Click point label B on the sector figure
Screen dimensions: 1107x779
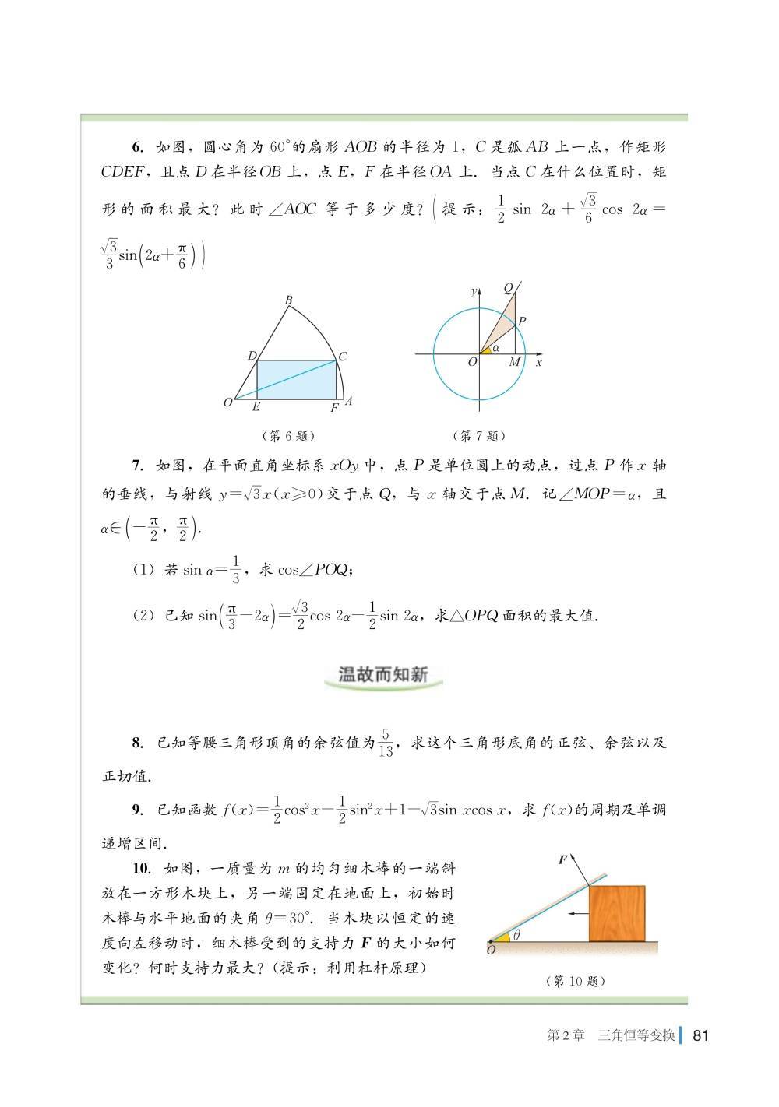coord(288,300)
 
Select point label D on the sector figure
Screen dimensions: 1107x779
coord(252,356)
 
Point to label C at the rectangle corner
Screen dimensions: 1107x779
coord(343,357)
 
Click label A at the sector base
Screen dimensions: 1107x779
coord(348,401)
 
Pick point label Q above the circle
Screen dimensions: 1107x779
coord(508,288)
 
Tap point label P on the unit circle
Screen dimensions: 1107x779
coord(522,320)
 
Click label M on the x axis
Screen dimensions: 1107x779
coord(514,363)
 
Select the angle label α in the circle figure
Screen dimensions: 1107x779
coord(496,347)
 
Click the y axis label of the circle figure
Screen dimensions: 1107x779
coord(474,291)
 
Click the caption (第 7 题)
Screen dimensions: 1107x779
coord(479,436)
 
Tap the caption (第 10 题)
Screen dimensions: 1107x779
coord(576,981)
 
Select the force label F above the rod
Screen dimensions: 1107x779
coord(562,859)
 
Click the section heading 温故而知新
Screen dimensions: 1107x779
coord(383,674)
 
